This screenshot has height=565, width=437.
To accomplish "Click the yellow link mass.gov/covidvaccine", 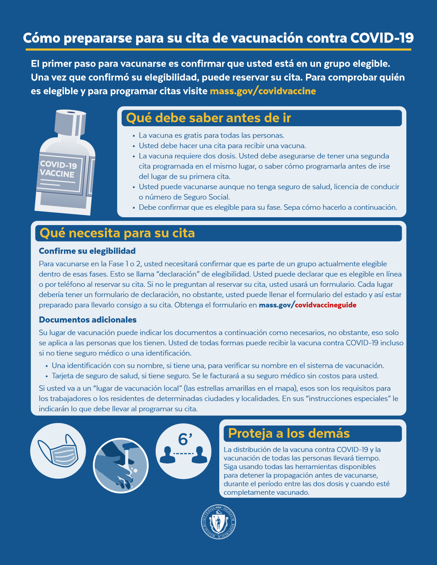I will [263, 91].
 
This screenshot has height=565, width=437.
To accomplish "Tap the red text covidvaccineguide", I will [326, 305].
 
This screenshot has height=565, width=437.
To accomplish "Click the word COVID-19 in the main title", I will [382, 38].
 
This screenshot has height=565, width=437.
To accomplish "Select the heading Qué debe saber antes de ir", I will [209, 118].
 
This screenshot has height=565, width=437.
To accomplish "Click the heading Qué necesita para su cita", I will [117, 233].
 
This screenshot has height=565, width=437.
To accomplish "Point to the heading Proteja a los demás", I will [288, 433].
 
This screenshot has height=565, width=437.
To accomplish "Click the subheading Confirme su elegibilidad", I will [87, 251].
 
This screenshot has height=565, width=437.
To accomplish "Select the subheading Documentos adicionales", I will [88, 320].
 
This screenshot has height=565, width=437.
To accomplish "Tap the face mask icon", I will [59, 451].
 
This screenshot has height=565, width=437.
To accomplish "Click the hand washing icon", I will [121, 466].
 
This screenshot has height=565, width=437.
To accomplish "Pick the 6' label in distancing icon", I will [185, 439].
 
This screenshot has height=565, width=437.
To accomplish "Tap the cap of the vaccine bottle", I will [70, 123].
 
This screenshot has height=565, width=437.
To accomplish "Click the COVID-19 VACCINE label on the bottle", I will [58, 169].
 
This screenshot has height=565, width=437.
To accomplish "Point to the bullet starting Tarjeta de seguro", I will [215, 376].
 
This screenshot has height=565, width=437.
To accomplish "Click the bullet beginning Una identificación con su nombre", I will [218, 366].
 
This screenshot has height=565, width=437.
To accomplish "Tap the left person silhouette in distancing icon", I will [166, 455].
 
